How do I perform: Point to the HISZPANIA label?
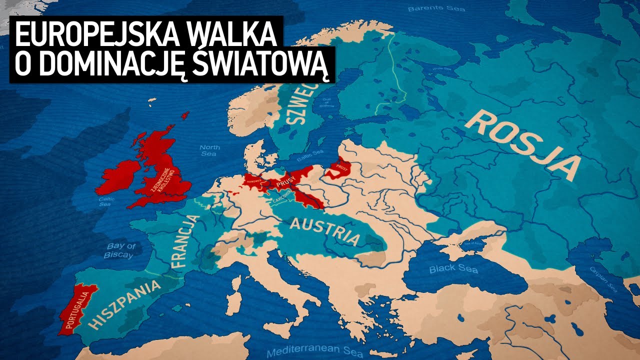(127, 304)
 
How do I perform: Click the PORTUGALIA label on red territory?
(76, 310)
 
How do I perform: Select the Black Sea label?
(453, 269)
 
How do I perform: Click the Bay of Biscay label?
(119, 250)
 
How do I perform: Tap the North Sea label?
(209, 150)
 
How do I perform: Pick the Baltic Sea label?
(311, 152)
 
